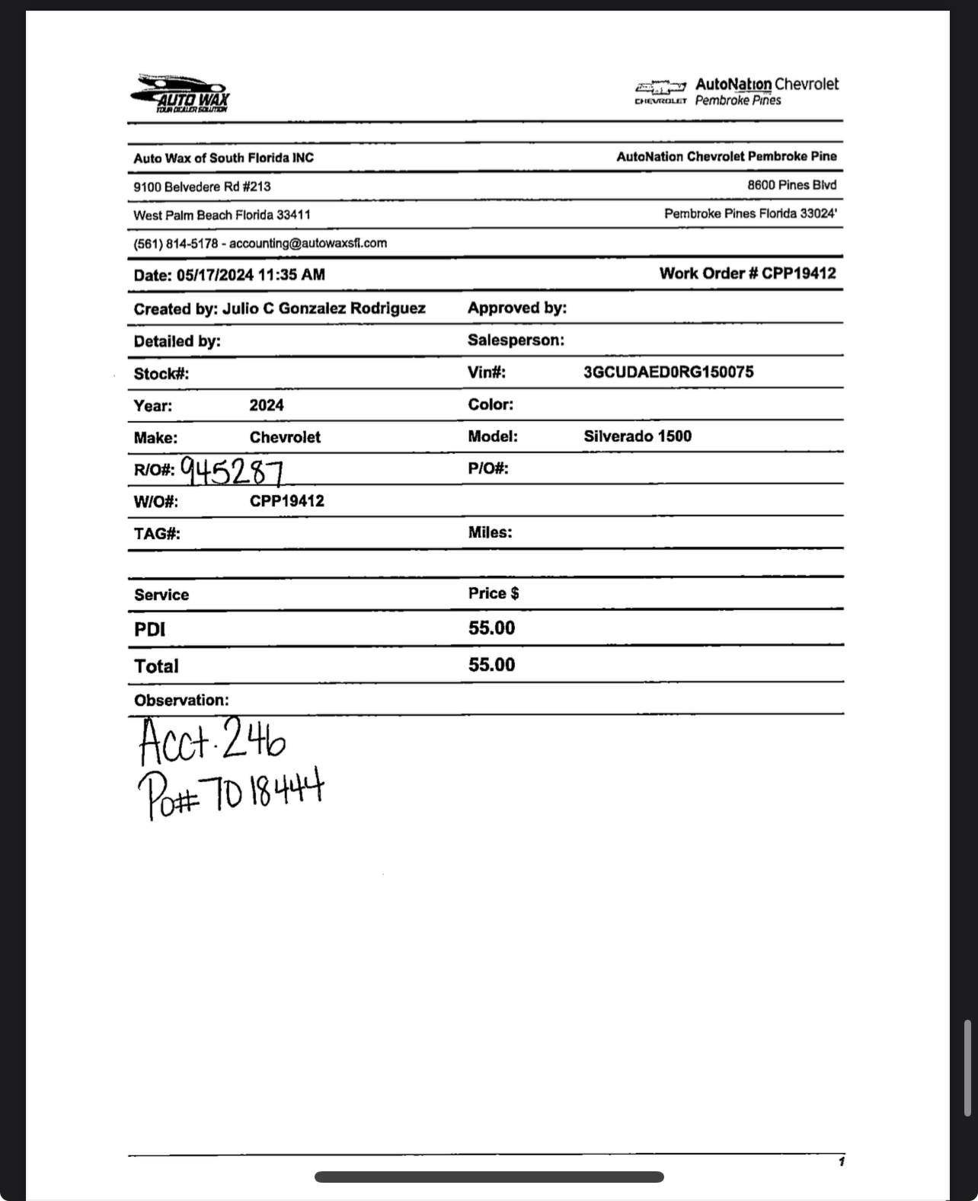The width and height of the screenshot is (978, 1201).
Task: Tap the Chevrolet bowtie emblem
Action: (660, 88)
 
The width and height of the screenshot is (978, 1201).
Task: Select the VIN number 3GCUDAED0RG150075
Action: (668, 372)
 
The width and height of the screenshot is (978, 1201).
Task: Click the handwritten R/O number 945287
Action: (232, 472)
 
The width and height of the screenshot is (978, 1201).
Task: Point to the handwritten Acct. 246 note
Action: (213, 741)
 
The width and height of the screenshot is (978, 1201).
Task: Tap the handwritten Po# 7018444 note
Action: (231, 792)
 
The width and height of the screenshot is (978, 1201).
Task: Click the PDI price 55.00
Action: (491, 628)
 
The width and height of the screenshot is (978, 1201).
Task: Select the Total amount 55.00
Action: (491, 665)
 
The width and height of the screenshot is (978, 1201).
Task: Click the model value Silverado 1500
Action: (638, 436)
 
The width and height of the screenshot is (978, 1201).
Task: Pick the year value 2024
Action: (267, 405)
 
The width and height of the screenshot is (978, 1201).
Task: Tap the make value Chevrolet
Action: (285, 437)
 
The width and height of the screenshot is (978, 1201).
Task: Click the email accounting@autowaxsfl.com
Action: (308, 244)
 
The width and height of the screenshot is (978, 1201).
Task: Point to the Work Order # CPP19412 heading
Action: (747, 273)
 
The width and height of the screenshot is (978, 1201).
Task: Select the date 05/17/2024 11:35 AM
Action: (251, 275)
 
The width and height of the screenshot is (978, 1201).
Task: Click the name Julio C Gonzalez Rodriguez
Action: (324, 308)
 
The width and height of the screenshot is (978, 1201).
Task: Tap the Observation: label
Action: (181, 700)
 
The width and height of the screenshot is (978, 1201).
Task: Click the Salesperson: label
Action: (516, 340)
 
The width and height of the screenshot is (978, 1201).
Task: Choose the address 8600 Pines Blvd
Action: (791, 185)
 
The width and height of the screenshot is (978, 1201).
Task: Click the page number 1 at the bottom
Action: (841, 1161)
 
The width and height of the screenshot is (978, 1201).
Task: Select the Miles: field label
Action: (490, 532)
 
